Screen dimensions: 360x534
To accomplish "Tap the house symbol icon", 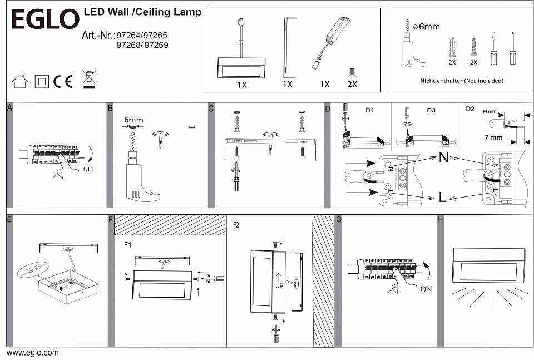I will (x=20, y=81).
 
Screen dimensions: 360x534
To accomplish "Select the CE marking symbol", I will (x=63, y=81).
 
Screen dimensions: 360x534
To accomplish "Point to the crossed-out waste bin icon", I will (x=88, y=80).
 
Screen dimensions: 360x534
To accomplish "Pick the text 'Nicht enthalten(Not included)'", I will (x=462, y=81).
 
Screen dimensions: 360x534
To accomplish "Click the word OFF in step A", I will (x=90, y=169).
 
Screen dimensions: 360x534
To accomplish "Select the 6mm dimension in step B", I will (x=133, y=120).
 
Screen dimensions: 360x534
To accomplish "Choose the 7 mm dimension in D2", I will (x=493, y=137).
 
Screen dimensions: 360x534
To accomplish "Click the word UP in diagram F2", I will (x=279, y=285).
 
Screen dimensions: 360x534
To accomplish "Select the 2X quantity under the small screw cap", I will (x=352, y=84).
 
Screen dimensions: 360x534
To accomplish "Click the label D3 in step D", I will (x=431, y=110).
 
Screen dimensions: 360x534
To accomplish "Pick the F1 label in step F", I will (x=128, y=244).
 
